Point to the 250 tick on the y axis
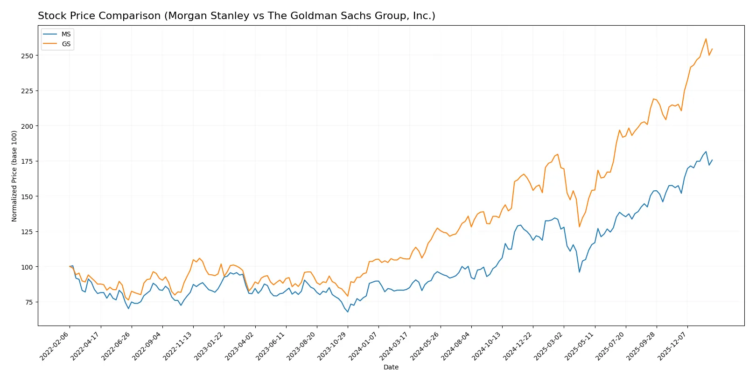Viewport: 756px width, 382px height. [x=27, y=56]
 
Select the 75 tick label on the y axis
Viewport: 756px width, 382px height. [x=29, y=302]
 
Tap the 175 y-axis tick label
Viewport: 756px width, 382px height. [x=27, y=161]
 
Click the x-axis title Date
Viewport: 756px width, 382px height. [x=391, y=367]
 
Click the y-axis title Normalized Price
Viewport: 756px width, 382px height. [x=14, y=176]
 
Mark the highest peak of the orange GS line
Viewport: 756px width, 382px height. [x=706, y=39]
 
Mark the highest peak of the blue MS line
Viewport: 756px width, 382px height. [x=706, y=152]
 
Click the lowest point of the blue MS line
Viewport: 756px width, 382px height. [x=348, y=312]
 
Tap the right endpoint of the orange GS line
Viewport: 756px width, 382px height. [x=712, y=49]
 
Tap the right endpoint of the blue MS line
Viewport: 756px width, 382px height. [x=712, y=160]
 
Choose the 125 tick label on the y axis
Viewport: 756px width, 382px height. [x=27, y=232]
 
